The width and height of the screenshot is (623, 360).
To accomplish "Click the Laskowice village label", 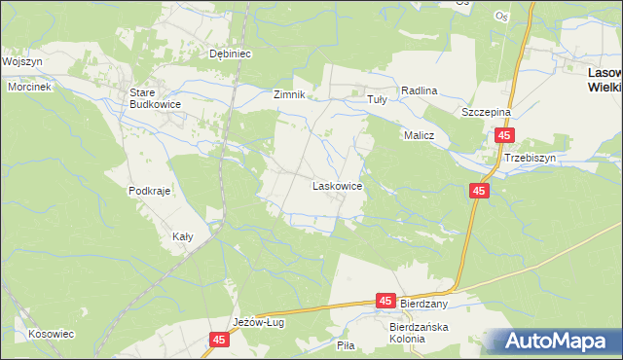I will point(337,184).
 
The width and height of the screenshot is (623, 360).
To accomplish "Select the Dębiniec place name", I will point(232,54).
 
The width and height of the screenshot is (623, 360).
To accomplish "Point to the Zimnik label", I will point(289,95).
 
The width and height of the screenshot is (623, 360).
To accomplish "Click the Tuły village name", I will point(376,99).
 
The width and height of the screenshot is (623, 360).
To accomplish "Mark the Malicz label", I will point(419,136).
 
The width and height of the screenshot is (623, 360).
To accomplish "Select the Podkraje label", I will point(149,191).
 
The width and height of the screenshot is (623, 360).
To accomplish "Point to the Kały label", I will point(182,236).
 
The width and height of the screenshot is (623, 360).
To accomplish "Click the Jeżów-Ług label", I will point(258,323).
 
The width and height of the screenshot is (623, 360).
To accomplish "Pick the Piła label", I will point(345,344).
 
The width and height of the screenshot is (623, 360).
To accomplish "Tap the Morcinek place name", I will point(28,87).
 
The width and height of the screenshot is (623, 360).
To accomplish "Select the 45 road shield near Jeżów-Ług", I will point(219,340).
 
